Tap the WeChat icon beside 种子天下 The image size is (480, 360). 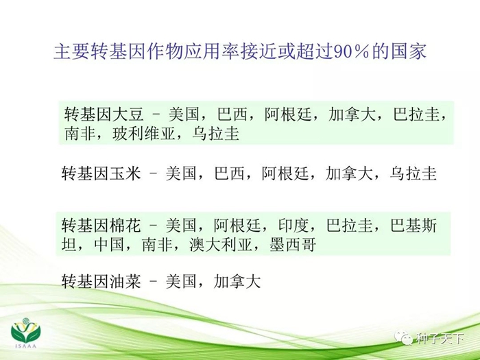point(403,338)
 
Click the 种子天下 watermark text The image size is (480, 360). point(440,338)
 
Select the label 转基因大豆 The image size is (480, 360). point(104,115)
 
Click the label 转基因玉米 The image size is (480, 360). point(101,173)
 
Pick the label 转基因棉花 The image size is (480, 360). point(101,226)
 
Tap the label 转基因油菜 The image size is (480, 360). point(101,281)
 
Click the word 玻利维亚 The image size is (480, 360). point(144,134)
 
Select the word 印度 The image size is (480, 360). point(293,226)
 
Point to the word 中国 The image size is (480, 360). point(109,245)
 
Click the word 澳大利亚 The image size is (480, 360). point(220,245)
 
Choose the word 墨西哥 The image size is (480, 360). point(293,245)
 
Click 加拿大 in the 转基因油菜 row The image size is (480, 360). point(237,281)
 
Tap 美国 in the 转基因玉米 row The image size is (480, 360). point(181,173)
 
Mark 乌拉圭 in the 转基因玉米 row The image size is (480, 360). point(413,173)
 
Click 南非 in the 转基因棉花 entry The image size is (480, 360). point(157,245)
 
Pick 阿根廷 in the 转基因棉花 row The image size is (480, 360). point(237,226)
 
